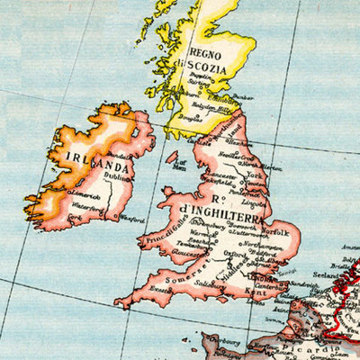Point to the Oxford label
tap(235, 254)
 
